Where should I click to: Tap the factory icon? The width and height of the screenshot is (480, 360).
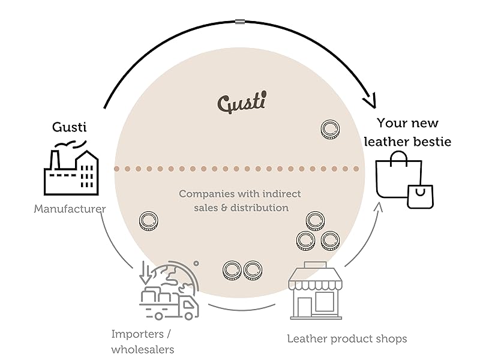pyautogui.click(x=71, y=169)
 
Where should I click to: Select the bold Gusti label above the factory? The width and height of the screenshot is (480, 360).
pyautogui.click(x=70, y=127)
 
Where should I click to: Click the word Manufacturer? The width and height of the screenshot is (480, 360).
pyautogui.click(x=70, y=209)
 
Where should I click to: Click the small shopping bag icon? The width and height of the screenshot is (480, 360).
pyautogui.click(x=420, y=196)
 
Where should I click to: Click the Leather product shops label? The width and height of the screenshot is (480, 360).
pyautogui.click(x=347, y=339)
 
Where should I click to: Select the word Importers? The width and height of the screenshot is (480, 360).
pyautogui.click(x=136, y=334)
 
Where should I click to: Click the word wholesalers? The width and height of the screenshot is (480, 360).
pyautogui.click(x=143, y=349)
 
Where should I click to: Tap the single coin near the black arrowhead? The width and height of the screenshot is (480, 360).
pyautogui.click(x=329, y=129)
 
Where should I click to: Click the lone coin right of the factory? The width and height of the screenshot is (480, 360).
pyautogui.click(x=148, y=221)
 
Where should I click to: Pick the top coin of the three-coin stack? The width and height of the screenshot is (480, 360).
pyautogui.click(x=315, y=221)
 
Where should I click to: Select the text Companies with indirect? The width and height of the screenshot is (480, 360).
pyautogui.click(x=239, y=194)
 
